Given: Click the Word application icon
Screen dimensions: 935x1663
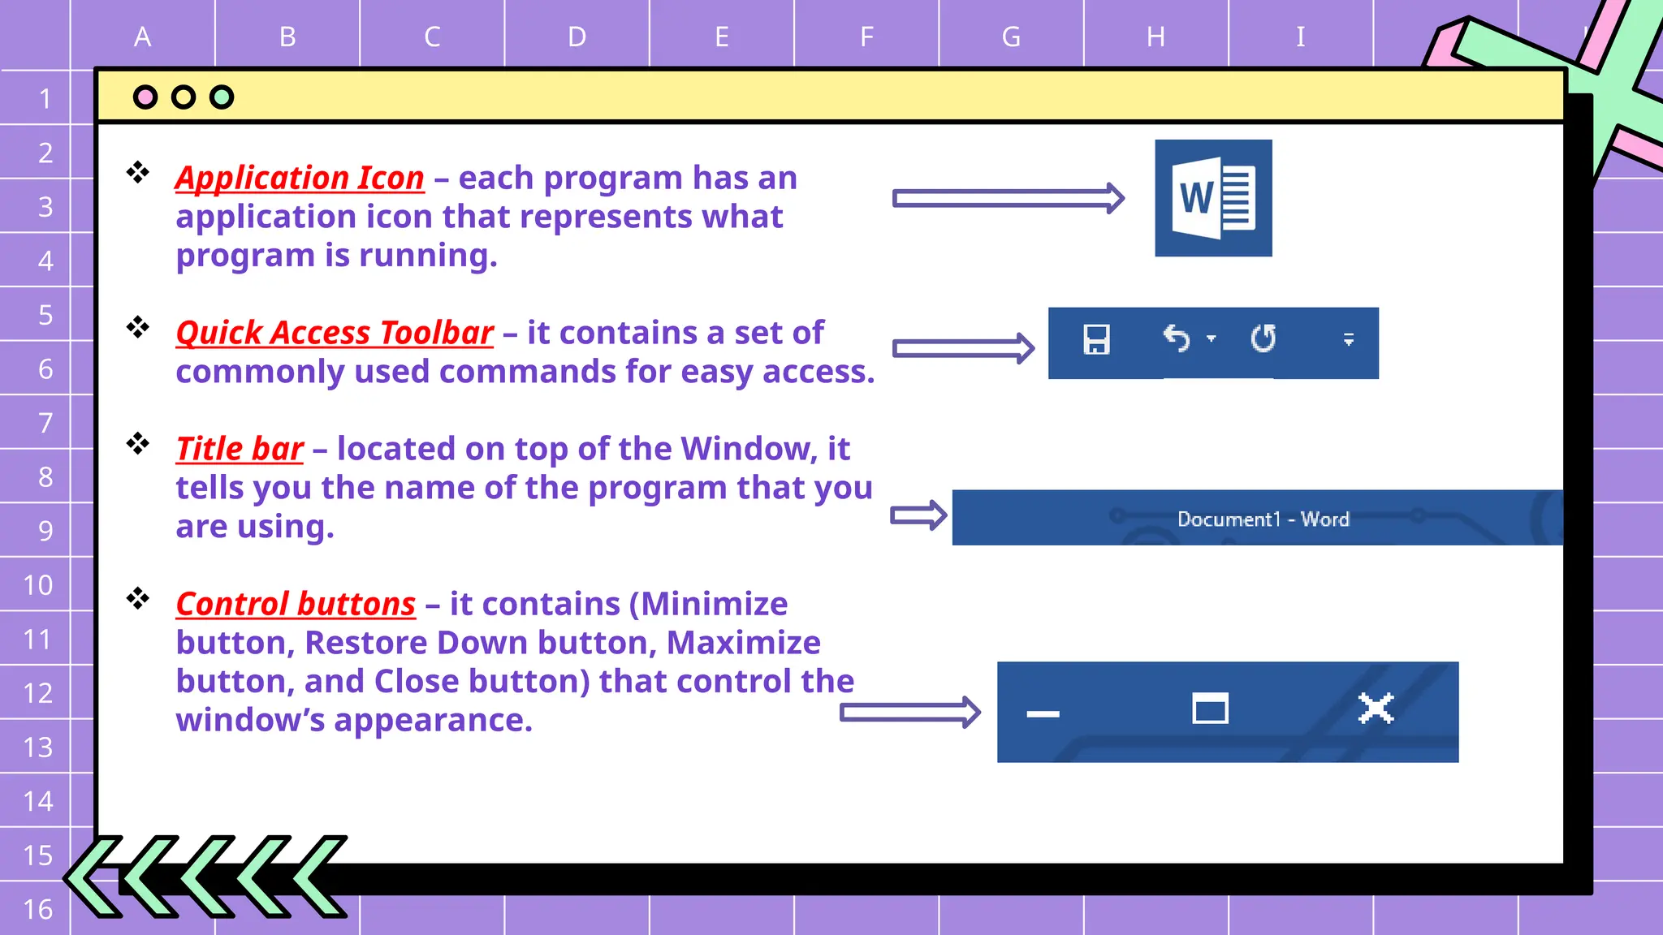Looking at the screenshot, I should (1213, 198).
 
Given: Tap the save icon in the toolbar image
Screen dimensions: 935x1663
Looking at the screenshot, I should (1096, 339).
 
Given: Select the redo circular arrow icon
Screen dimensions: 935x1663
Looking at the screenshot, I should (1263, 338).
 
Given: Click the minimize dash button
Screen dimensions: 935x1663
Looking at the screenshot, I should (1043, 714).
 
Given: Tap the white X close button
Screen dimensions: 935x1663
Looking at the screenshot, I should (1376, 709).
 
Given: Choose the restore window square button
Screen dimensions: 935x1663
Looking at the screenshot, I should (1210, 709).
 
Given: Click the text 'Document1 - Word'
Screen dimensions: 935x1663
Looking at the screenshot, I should (1263, 519).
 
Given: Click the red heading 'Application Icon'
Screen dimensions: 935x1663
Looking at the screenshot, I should (300, 178).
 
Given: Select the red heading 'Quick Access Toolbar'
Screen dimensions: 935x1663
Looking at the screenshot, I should (335, 333).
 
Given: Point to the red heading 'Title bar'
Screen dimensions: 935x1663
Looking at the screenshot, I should (240, 449).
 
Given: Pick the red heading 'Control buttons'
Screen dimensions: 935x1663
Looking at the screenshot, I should (296, 604).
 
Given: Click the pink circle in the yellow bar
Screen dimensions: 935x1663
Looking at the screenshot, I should (145, 97).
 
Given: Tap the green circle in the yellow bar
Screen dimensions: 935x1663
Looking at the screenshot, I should (222, 97).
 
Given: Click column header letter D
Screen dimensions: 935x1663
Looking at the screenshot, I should (577, 37).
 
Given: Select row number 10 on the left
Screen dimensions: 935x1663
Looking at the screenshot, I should (37, 585).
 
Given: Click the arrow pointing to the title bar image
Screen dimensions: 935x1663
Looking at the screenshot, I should (918, 515).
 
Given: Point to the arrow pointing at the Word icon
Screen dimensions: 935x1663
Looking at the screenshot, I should (1008, 198).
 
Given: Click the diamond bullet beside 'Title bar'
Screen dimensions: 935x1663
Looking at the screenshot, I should (138, 443).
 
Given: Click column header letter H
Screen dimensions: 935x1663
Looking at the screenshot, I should (1155, 37).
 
